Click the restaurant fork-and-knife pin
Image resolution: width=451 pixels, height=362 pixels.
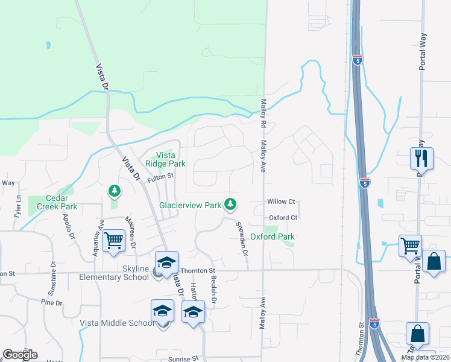[x=421, y=159]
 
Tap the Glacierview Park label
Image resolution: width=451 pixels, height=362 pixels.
[x=190, y=205]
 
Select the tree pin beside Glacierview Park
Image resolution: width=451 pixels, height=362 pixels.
[x=230, y=205]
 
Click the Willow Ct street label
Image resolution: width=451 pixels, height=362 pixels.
[x=282, y=202]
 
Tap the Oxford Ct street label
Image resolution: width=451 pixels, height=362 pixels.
[x=283, y=217]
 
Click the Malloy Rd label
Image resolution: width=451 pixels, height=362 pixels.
[x=263, y=113]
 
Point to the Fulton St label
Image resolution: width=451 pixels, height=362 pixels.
[x=160, y=176]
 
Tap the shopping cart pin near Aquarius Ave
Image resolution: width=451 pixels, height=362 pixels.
[x=113, y=240]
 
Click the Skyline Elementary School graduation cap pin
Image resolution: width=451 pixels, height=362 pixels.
[x=166, y=262]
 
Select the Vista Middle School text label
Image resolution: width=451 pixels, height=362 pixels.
[x=117, y=323]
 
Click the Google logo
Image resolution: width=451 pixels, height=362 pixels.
[x=20, y=355]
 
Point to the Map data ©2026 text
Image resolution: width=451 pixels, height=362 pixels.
[x=425, y=357]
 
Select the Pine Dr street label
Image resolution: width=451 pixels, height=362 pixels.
[x=52, y=300]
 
